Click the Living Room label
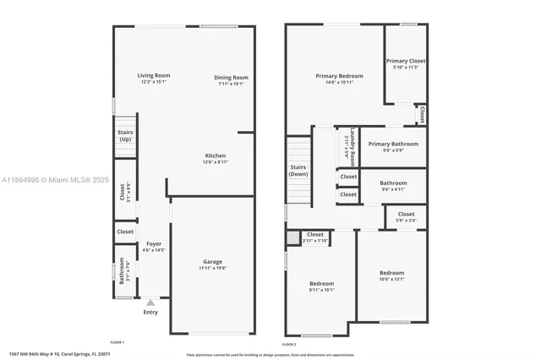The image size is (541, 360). [153, 76]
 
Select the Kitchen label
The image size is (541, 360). [215, 155]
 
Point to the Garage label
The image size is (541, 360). [212, 261]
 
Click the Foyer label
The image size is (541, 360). [153, 243]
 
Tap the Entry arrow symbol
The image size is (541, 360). [150, 302]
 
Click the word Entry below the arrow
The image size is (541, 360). [150, 313]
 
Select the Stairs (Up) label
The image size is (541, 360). [125, 135]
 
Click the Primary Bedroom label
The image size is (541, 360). [334, 75]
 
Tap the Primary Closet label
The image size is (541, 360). [406, 61]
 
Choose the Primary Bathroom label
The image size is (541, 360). [394, 144]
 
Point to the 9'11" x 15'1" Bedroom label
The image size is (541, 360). [321, 283]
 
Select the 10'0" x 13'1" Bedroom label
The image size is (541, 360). [391, 273]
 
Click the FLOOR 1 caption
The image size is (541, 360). [117, 342]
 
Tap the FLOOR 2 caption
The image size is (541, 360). [289, 345]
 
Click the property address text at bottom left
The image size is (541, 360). [59, 354]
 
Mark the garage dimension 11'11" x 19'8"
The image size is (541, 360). [212, 268]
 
